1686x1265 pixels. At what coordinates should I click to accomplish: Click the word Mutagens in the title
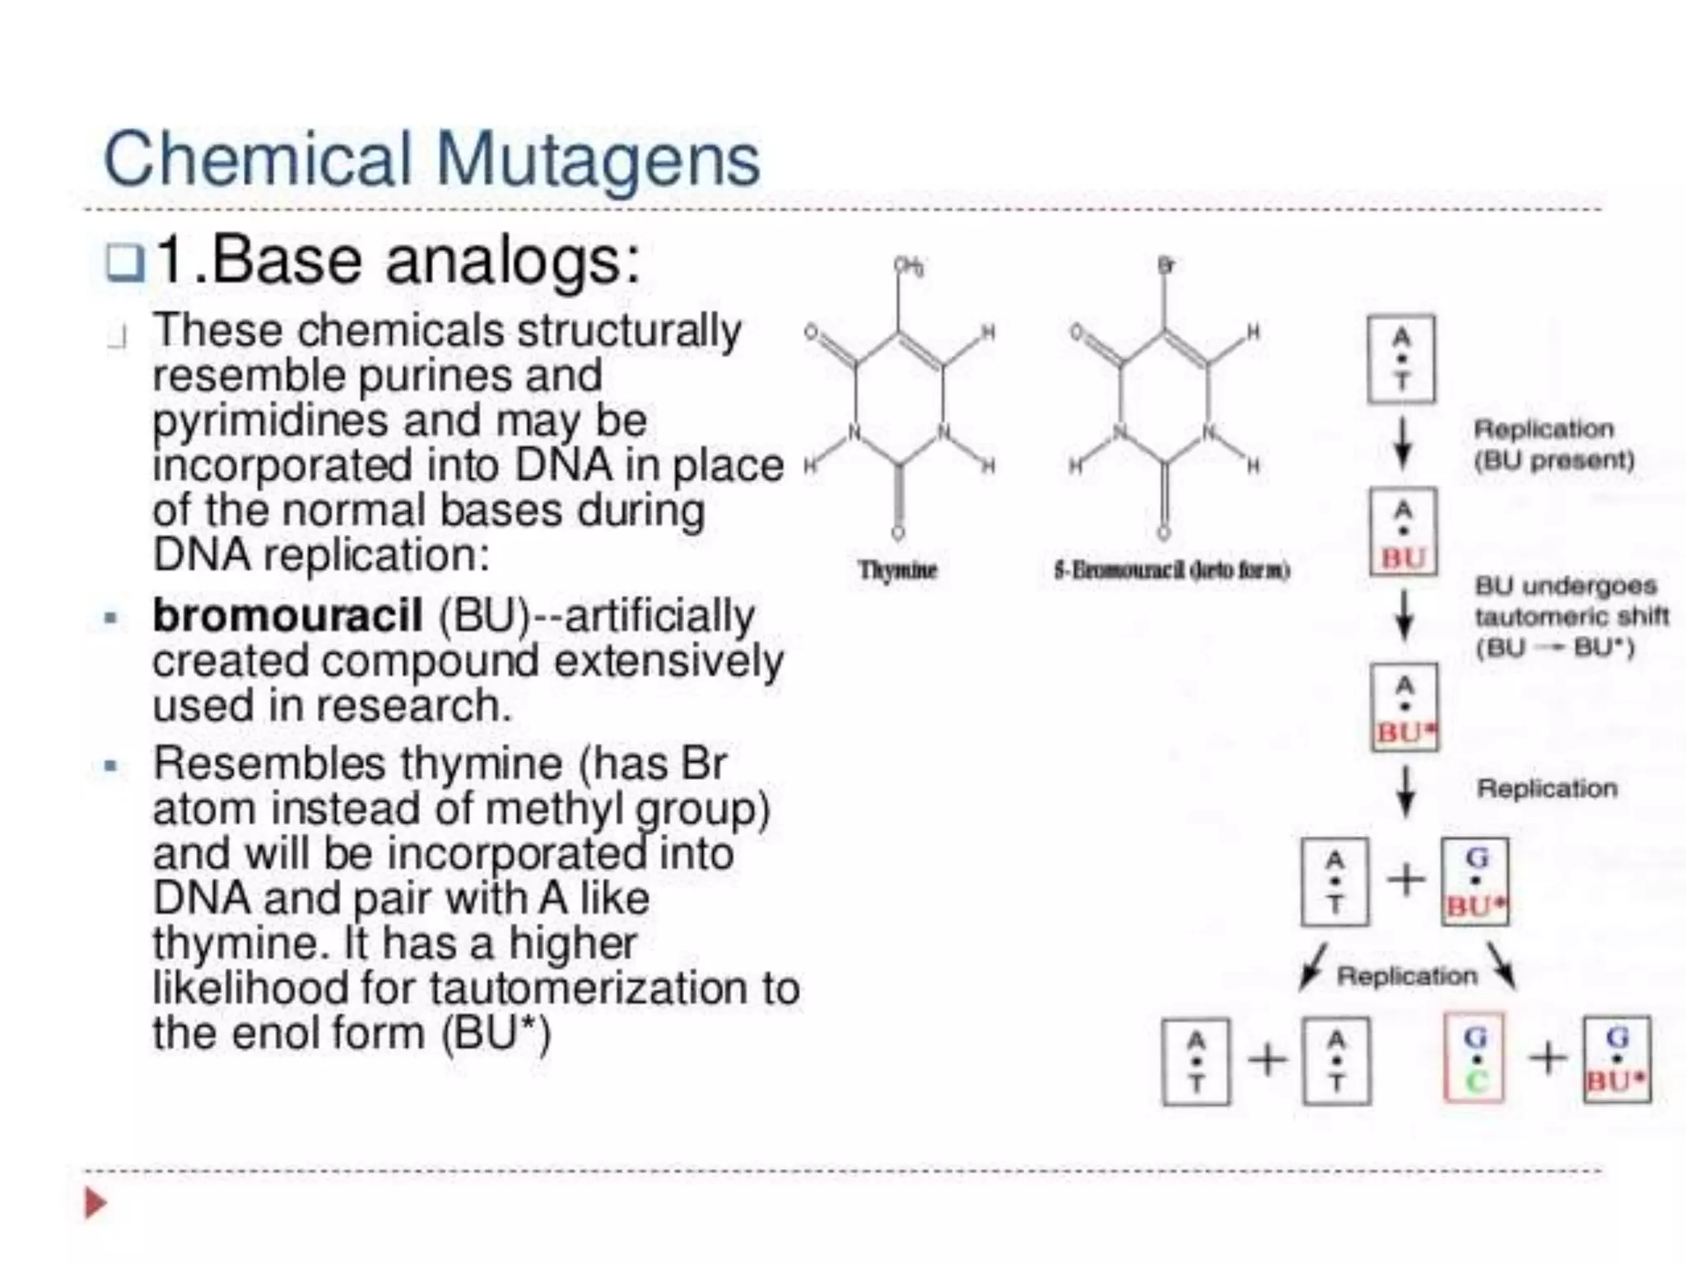click(x=598, y=160)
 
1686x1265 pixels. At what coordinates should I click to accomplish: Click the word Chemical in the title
click(x=257, y=158)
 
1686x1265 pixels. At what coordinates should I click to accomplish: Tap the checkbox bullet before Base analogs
click(x=125, y=263)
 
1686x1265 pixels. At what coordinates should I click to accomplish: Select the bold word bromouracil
click(x=287, y=615)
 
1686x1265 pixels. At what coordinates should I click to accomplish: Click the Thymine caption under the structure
click(x=897, y=570)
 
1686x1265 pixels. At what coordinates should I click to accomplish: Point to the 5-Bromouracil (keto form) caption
click(x=1171, y=570)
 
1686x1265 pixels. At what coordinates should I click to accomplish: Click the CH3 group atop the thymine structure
click(x=909, y=266)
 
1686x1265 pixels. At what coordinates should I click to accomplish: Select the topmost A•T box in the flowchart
click(x=1401, y=359)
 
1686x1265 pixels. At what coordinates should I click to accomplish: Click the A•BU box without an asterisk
click(x=1404, y=532)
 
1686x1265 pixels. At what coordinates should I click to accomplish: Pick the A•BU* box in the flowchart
click(x=1405, y=707)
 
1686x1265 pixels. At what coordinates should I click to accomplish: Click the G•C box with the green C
click(x=1474, y=1058)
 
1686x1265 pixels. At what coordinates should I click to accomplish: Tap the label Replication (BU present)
click(x=1553, y=444)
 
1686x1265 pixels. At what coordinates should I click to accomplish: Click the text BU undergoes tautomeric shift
click(x=1571, y=616)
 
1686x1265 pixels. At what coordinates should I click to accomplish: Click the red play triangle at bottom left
click(x=95, y=1203)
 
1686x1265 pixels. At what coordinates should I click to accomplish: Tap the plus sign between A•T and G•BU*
click(x=1406, y=880)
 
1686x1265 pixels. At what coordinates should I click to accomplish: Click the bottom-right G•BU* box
click(x=1617, y=1060)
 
